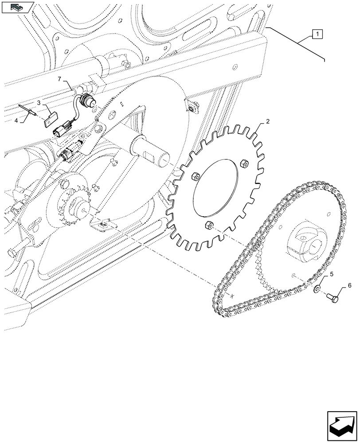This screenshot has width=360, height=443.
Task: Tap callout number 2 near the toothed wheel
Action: click(x=268, y=121)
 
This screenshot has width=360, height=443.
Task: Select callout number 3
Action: click(x=39, y=103)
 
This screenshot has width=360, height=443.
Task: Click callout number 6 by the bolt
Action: click(x=349, y=286)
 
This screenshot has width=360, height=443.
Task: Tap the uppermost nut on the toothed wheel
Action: click(x=243, y=164)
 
